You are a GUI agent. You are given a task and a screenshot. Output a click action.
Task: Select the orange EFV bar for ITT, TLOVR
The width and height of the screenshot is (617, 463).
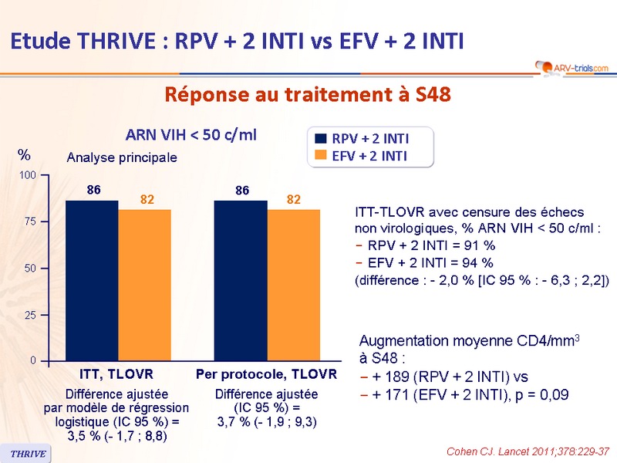coord(144,285)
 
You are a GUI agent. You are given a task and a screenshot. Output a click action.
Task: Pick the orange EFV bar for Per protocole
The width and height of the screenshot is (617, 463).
coord(293,285)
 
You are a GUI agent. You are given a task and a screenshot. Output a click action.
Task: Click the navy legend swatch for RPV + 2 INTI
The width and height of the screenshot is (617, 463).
coord(320,139)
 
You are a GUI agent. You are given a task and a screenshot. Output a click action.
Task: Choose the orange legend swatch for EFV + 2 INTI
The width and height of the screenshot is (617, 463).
coord(320,156)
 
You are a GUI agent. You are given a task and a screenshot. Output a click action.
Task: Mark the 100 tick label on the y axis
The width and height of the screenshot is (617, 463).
coord(27,175)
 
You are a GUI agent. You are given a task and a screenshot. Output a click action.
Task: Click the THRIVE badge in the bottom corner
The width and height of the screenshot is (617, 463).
coord(27,453)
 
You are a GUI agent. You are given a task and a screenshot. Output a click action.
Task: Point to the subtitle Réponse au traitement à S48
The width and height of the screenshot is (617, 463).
coord(307,95)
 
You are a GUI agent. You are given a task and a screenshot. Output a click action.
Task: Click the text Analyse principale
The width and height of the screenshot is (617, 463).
coord(121,157)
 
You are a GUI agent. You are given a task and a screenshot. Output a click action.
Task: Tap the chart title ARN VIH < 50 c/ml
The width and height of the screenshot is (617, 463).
coord(191,135)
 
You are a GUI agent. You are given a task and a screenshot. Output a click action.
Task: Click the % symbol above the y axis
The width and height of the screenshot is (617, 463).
coord(23,156)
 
